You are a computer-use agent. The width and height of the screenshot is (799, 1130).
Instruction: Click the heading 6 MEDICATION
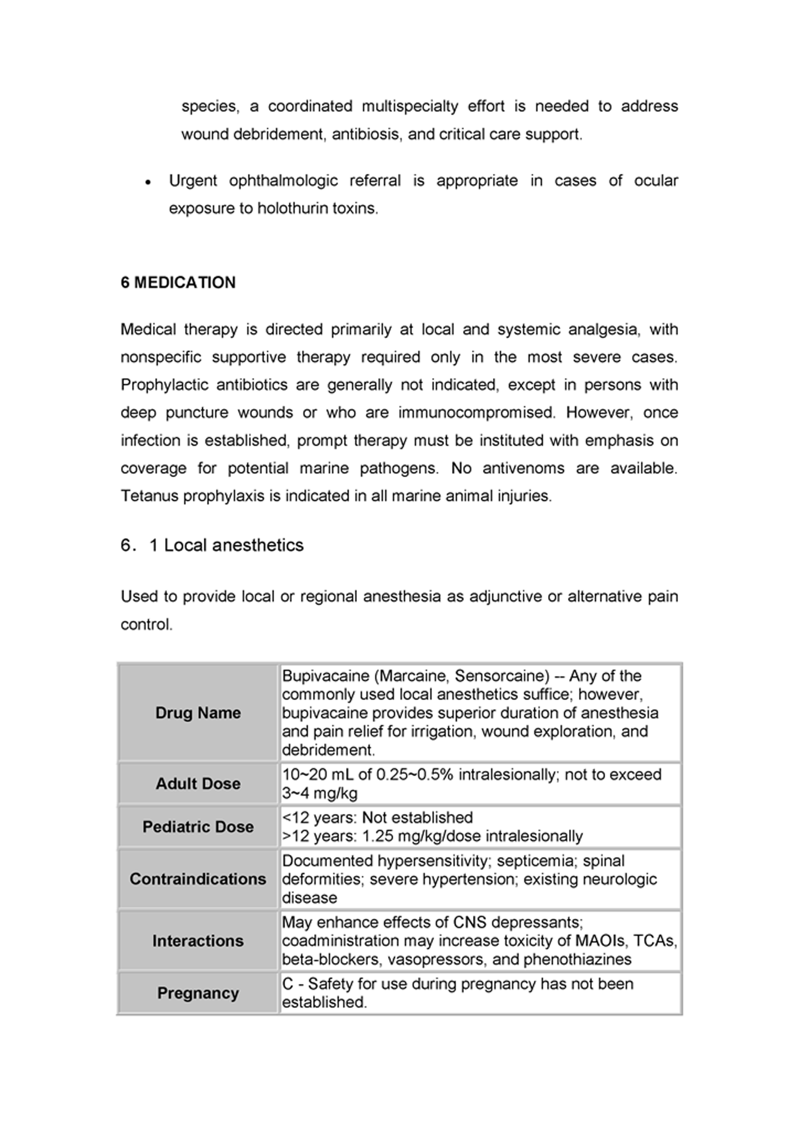point(178,282)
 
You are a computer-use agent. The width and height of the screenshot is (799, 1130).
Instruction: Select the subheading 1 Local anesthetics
point(226,545)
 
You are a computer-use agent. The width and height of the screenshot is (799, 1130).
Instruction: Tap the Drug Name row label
point(198,713)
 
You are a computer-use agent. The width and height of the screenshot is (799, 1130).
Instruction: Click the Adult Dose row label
point(198,783)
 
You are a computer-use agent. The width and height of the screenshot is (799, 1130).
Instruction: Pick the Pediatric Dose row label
point(198,827)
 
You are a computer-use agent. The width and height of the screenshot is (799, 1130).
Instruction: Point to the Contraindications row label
point(198,879)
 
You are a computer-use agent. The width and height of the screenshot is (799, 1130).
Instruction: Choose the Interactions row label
point(198,941)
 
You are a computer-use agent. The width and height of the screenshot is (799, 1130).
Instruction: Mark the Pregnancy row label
point(198,993)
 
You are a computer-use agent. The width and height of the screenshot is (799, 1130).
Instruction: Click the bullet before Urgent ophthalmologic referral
point(148,182)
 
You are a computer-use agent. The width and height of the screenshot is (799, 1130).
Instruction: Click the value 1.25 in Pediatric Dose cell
point(377,836)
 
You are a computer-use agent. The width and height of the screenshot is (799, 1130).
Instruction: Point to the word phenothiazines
point(577,960)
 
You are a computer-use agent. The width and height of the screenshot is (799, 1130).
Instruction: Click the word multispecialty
point(410,106)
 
